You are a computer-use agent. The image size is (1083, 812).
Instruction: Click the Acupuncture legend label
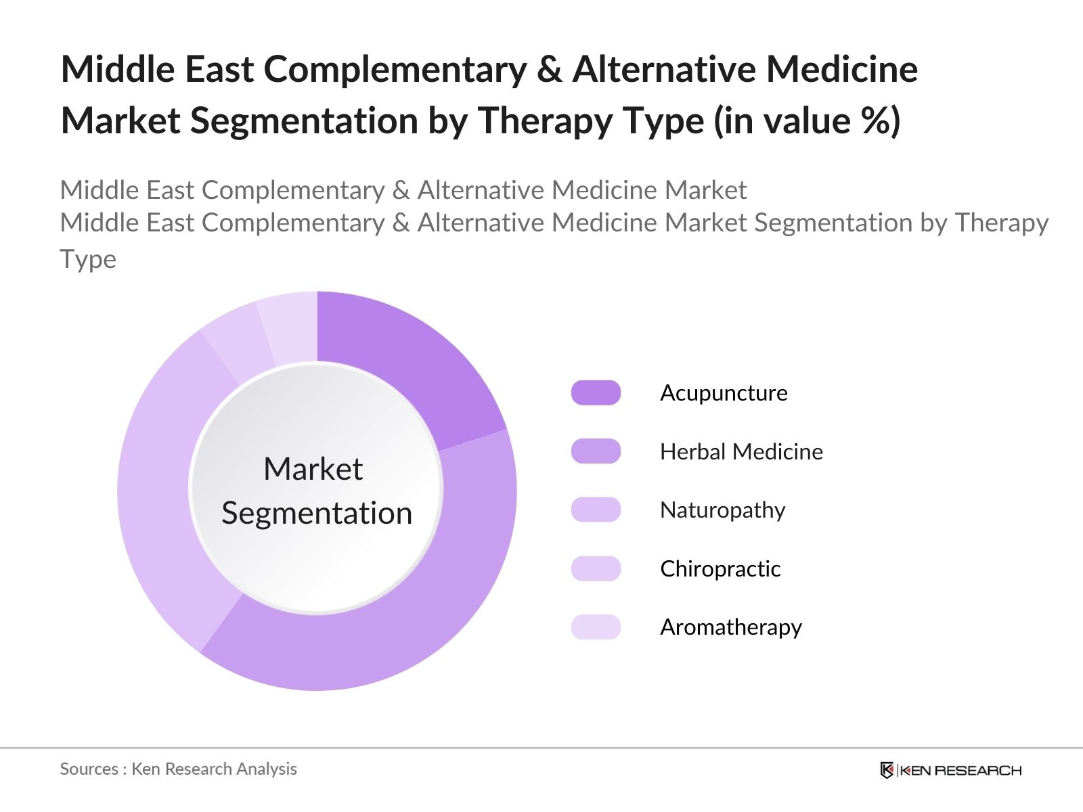(724, 393)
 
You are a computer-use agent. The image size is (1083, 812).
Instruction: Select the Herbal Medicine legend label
(741, 452)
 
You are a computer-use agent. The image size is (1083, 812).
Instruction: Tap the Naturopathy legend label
(722, 510)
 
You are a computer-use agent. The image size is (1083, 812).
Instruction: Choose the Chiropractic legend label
(720, 569)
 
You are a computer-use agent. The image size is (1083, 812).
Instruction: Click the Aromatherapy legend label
(731, 627)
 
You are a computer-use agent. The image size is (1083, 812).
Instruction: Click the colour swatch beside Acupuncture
(596, 393)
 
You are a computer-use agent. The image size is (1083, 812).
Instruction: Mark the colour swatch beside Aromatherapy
(596, 627)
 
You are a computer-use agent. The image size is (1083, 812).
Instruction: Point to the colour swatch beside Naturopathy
(596, 510)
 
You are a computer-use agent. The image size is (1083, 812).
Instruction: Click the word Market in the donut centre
(313, 469)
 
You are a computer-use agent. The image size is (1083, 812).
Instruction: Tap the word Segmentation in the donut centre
(317, 513)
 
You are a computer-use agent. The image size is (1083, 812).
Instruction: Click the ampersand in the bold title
(549, 70)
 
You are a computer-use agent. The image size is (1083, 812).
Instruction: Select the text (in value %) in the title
(807, 121)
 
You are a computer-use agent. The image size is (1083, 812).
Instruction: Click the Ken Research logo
(950, 770)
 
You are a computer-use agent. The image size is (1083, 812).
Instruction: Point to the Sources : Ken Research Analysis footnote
(178, 769)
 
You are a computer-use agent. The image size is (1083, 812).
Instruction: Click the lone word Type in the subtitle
(88, 260)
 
